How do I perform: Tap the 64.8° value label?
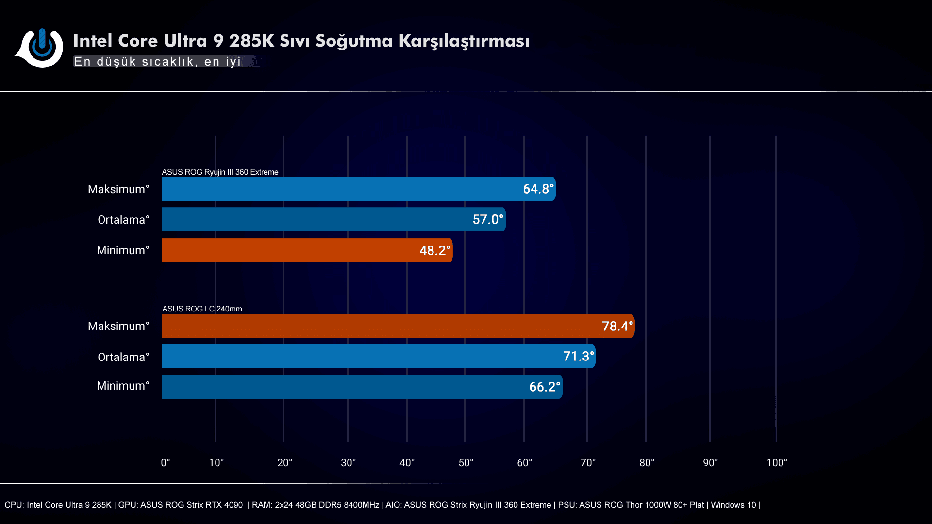click(x=538, y=189)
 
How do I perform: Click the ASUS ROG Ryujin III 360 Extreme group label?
click(x=220, y=172)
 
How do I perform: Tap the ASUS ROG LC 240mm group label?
click(x=202, y=309)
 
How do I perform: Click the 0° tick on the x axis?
click(x=166, y=463)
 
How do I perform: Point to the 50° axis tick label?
click(x=466, y=463)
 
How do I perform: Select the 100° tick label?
click(x=777, y=463)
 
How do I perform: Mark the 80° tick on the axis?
click(x=647, y=463)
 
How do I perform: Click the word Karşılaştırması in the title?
click(x=464, y=41)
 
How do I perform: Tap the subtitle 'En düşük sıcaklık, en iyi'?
click(x=157, y=62)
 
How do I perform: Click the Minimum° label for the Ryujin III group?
click(x=123, y=250)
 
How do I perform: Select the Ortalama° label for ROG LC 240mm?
click(x=123, y=357)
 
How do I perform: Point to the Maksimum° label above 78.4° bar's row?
click(x=118, y=326)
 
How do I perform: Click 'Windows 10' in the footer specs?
click(x=733, y=505)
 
